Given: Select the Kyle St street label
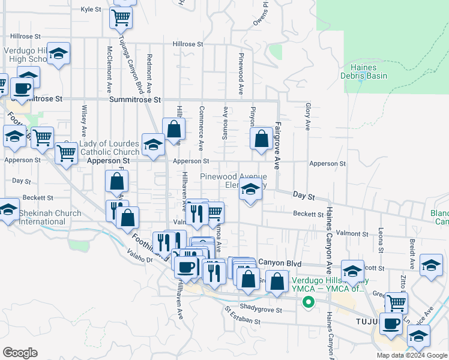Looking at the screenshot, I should pos(91,10).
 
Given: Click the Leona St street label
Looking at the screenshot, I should pos(381,239).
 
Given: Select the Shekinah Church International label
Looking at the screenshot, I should pos(50,217).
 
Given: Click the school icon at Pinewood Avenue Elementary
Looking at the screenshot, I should pos(250,191).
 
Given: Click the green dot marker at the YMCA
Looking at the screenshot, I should pos(309,302).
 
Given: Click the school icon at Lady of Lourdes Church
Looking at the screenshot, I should pos(153,145).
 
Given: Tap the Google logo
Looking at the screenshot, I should pos(20,353).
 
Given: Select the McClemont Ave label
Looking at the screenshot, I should pos(109,66).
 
